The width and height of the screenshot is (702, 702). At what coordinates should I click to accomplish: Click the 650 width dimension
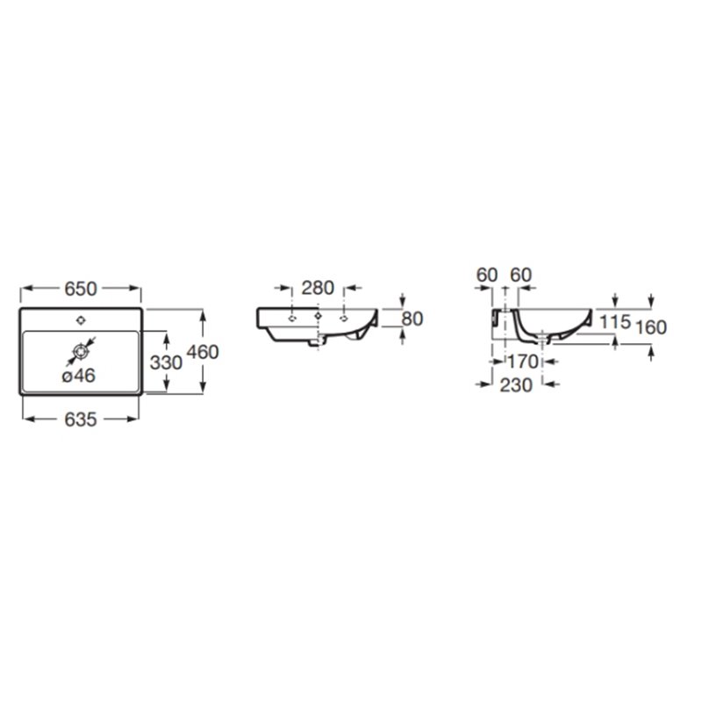click(x=81, y=289)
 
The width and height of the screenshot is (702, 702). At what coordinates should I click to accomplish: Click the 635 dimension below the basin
click(x=81, y=419)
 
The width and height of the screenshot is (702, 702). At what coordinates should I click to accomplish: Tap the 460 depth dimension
click(x=203, y=352)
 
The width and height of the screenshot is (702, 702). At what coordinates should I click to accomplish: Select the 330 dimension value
click(x=166, y=362)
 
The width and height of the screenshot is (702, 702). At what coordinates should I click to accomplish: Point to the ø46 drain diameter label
click(x=79, y=376)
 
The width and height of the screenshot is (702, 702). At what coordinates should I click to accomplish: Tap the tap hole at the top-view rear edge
click(x=81, y=320)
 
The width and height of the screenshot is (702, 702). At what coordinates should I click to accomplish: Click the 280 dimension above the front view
click(x=318, y=288)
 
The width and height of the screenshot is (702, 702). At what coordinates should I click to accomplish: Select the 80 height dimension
click(x=412, y=319)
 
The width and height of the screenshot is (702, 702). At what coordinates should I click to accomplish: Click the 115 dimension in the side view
click(x=615, y=321)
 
